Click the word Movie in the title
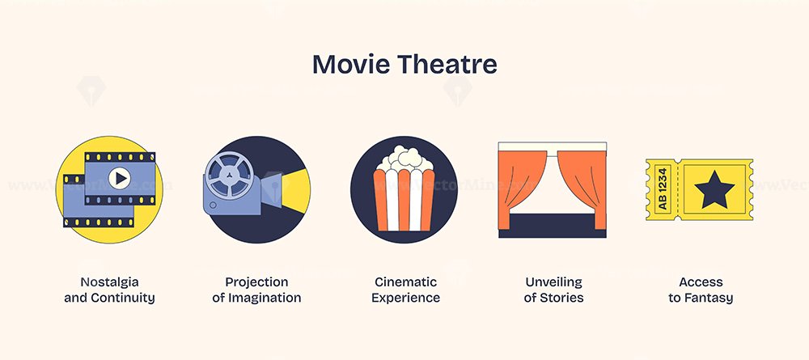pyautogui.click(x=351, y=65)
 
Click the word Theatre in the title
pyautogui.click(x=447, y=65)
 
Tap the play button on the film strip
pyautogui.click(x=119, y=179)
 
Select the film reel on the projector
pyautogui.click(x=230, y=176)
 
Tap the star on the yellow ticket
pyautogui.click(x=714, y=190)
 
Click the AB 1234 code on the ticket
pyautogui.click(x=663, y=188)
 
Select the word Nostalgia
pyautogui.click(x=109, y=282)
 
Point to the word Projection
pyautogui.click(x=256, y=282)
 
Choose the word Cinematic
pyautogui.click(x=405, y=282)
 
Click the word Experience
pyautogui.click(x=405, y=298)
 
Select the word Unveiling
pyautogui.click(x=553, y=282)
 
